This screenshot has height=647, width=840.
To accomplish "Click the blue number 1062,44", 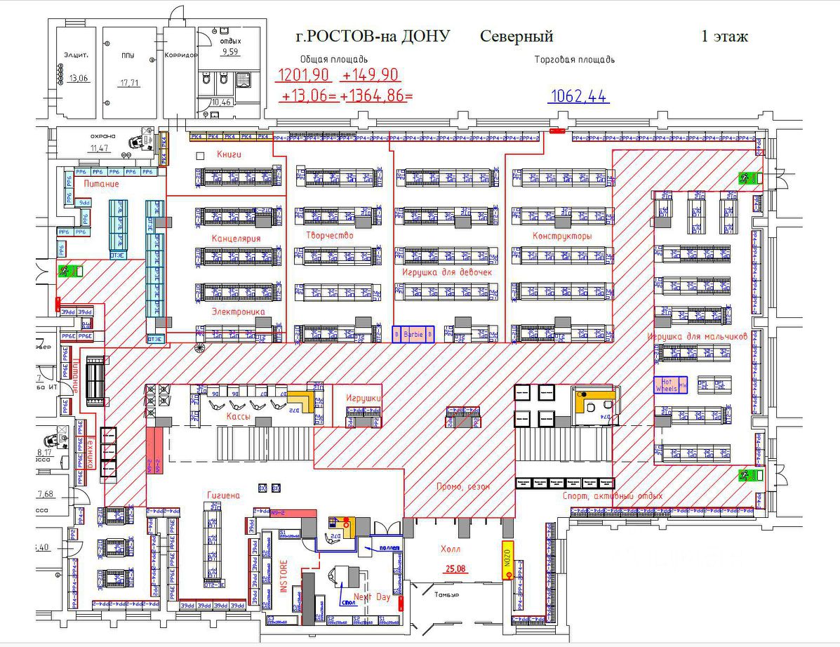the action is point(580,97).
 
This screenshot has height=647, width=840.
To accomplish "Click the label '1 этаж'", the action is point(724,36).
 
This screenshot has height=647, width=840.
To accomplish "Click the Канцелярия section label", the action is point(236,239).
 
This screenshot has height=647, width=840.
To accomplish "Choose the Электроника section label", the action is point(238,311).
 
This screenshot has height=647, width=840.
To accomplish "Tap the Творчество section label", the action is point(329,235).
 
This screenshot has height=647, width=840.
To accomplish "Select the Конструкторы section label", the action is point(561,236).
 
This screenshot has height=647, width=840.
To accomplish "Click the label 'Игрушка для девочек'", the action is point(447,272).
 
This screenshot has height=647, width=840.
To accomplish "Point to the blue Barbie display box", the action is point(413,335).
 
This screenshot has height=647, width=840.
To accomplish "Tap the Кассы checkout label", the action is point(239,416).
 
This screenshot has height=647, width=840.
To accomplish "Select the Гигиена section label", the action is point(223,495).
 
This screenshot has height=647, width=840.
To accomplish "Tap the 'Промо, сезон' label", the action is point(462,486).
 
